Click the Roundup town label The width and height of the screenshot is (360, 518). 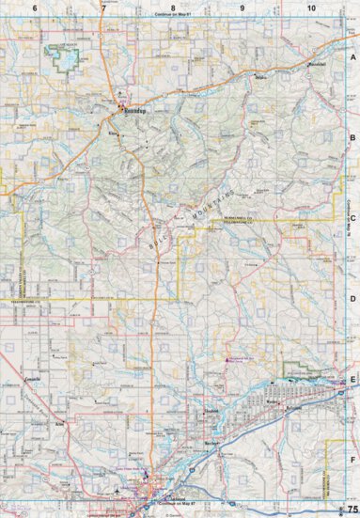tap(137, 109)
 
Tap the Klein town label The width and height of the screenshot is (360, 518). tap(117, 133)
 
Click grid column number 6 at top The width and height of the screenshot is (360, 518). tap(35, 8)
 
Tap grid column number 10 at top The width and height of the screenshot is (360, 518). tap(310, 8)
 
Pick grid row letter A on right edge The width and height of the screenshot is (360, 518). tap(352, 57)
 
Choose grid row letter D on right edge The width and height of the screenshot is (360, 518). tap(352, 299)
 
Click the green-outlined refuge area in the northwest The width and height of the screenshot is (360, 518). tap(64, 55)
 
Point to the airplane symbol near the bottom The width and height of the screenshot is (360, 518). tap(117, 491)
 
